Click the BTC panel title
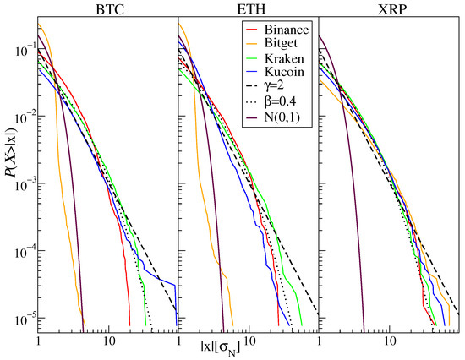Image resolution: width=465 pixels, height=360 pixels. point(110,9)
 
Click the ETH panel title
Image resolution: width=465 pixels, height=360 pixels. point(251,9)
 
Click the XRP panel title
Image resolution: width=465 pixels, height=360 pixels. point(392,9)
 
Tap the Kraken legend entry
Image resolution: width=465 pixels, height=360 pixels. point(275,58)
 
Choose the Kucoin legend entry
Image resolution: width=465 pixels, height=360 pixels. point(275,72)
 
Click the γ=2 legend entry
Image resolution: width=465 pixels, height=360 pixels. point(265,85)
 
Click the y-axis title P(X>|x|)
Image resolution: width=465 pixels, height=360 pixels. point(11,152)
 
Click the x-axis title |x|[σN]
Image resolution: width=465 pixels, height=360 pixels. point(220,349)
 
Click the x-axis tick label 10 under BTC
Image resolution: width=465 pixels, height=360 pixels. point(109,341)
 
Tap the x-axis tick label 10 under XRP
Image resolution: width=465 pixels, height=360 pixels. point(390,341)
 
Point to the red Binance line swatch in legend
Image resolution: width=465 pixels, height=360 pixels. point(251,30)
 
